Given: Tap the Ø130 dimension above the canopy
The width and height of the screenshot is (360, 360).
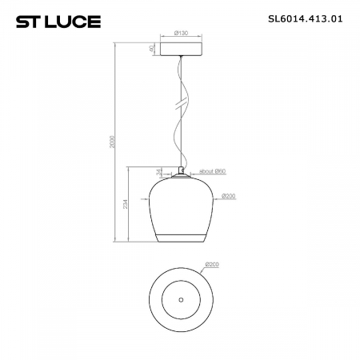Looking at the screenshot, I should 180,34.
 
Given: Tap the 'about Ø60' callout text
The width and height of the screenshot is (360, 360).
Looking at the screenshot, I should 211,171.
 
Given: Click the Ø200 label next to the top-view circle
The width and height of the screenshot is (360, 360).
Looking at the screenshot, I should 212,264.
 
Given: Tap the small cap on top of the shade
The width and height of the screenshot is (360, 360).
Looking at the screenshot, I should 180,171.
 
